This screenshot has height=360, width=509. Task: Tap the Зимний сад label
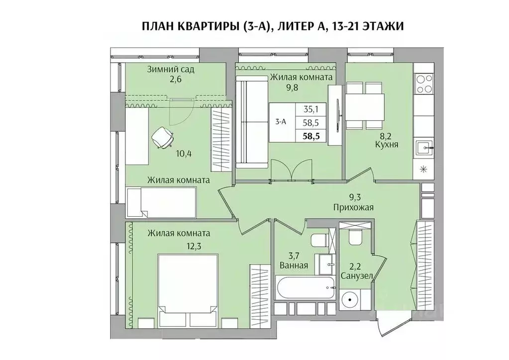click(170, 69)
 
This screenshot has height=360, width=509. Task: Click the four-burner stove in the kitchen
click(423, 84)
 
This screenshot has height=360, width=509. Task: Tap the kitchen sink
click(423, 147)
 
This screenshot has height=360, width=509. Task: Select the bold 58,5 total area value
click(311, 135)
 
